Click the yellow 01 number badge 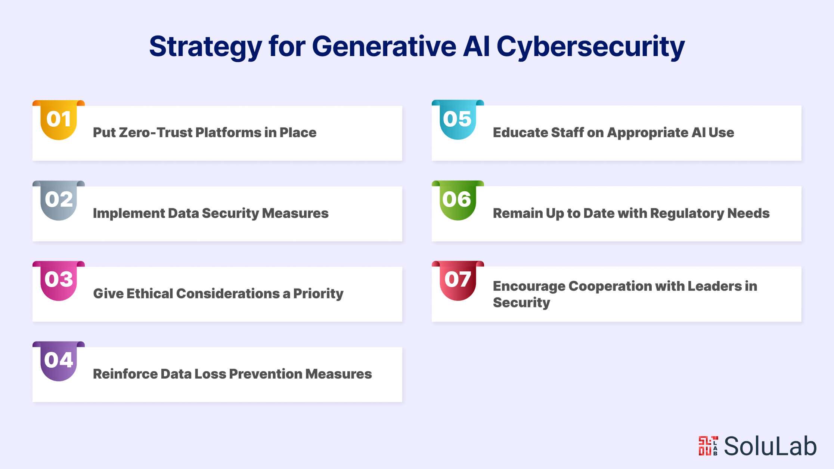[59, 120]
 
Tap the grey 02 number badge [59, 200]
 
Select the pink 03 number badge [59, 281]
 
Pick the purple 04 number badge [59, 361]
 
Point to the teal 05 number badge [458, 120]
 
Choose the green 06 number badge [458, 200]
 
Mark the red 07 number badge [458, 281]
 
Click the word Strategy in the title [205, 47]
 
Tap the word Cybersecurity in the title [590, 47]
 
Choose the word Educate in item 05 [520, 133]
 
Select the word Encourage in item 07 [529, 286]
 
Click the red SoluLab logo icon [708, 446]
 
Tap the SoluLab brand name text [770, 446]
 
